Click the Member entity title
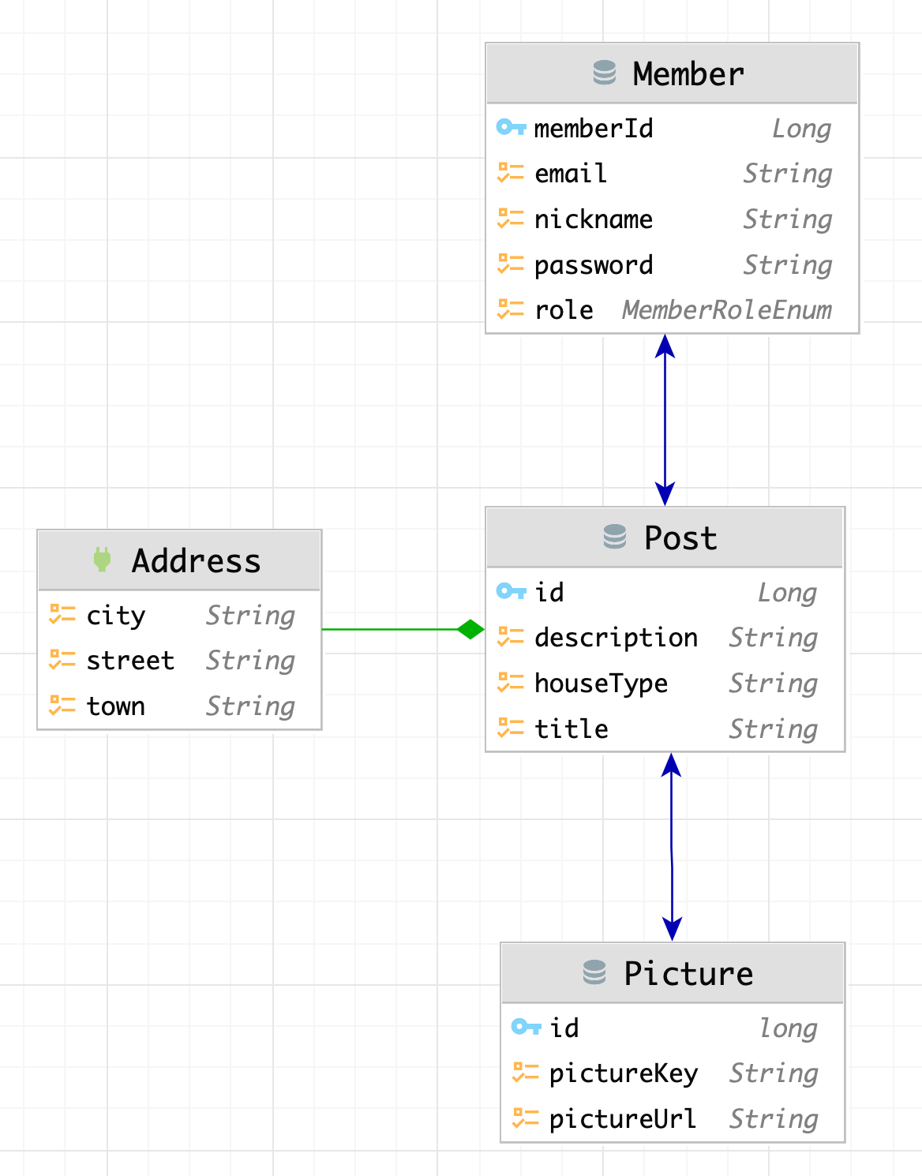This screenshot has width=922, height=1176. [688, 74]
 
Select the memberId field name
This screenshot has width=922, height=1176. [594, 128]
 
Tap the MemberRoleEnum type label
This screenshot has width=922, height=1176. [726, 310]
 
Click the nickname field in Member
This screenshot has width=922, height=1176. [594, 219]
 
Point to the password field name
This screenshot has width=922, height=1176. [594, 265]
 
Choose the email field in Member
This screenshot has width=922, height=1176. [571, 174]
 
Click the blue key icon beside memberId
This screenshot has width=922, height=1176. [511, 127]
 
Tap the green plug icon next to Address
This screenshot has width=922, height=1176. [102, 560]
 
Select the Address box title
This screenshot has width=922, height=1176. [196, 561]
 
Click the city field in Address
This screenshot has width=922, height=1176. [116, 616]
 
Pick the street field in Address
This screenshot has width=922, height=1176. [130, 661]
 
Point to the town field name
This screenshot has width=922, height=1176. [116, 706]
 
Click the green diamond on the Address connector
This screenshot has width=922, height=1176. [470, 629]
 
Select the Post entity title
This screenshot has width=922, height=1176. [680, 538]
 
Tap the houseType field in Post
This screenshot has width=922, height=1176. [601, 684]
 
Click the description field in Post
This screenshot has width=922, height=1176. [616, 638]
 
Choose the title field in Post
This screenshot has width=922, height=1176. [572, 729]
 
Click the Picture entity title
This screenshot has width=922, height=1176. [688, 974]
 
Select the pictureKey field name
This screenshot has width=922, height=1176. [624, 1073]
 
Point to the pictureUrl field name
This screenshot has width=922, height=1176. [623, 1119]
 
